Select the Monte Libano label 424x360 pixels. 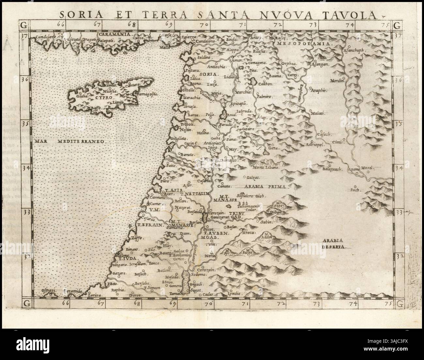[266, 167]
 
